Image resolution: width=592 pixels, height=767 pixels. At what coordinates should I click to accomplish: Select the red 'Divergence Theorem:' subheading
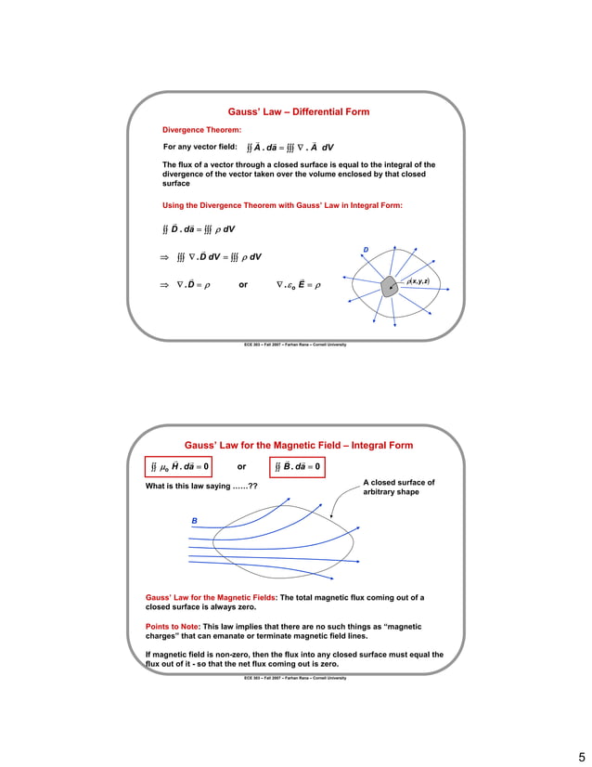(201, 130)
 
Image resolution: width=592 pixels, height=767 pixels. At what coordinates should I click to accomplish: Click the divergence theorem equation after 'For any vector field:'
(290, 148)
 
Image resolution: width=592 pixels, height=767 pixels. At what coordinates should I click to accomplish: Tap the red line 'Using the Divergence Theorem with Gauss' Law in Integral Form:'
(282, 205)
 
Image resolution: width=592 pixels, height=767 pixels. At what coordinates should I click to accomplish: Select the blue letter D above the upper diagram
(366, 250)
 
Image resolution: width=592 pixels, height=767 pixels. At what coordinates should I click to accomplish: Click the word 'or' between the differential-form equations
(243, 285)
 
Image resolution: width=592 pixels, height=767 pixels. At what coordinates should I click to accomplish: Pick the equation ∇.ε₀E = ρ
(298, 285)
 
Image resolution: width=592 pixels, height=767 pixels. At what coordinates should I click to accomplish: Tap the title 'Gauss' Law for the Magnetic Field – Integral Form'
(298, 446)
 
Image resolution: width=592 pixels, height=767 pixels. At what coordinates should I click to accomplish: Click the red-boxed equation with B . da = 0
(298, 466)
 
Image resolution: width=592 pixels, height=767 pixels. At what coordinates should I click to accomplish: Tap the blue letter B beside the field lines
(195, 521)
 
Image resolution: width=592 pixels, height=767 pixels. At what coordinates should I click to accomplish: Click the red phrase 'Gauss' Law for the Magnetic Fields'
(211, 597)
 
